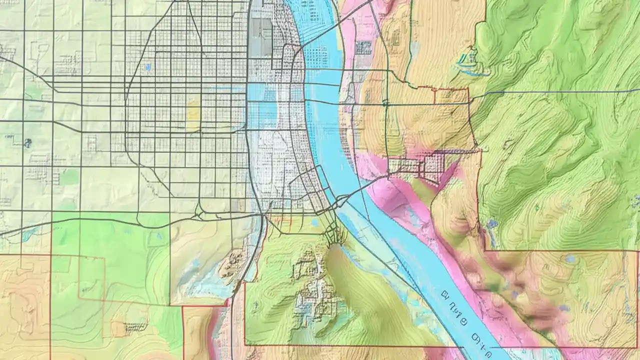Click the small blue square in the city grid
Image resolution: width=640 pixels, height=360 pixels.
point(147,66)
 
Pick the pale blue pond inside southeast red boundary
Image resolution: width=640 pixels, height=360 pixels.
point(570,259)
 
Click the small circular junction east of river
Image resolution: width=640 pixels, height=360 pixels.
point(385,103)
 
